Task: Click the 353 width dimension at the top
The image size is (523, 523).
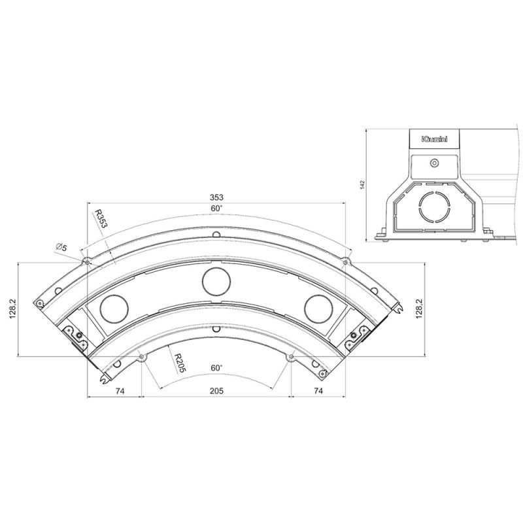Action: tap(216, 197)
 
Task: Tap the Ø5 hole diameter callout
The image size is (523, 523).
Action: tap(62, 246)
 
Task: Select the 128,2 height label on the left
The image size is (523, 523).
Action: tap(10, 309)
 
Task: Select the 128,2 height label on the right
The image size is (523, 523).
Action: tap(419, 309)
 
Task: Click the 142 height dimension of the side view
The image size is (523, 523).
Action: tap(362, 185)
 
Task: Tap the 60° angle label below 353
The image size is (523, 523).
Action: tap(216, 208)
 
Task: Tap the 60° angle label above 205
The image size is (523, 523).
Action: tap(216, 367)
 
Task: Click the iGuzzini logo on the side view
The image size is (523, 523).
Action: tap(433, 139)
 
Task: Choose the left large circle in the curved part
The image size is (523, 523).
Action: tap(114, 307)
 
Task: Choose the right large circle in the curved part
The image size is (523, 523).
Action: tap(317, 307)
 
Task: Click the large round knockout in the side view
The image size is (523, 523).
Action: tap(433, 207)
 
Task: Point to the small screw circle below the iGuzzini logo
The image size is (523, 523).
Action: tap(433, 163)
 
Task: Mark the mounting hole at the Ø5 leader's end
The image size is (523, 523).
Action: tap(86, 262)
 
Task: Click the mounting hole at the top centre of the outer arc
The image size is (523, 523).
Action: tap(216, 233)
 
